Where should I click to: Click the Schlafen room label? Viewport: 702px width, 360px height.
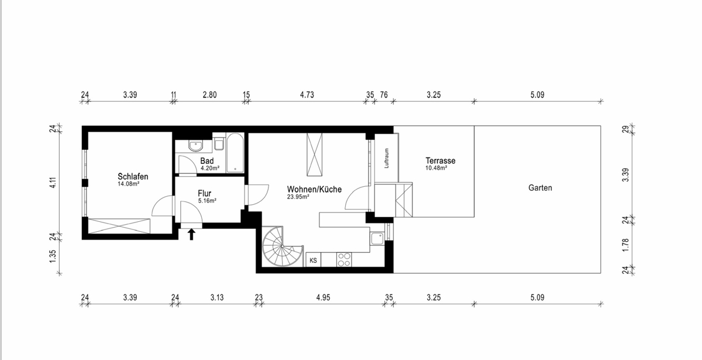(x=133, y=177)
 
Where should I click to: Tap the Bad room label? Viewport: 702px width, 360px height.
(x=207, y=161)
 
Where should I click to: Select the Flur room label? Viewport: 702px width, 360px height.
(x=204, y=193)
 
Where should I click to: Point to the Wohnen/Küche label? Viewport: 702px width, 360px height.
(x=314, y=190)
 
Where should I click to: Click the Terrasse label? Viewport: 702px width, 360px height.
(x=441, y=160)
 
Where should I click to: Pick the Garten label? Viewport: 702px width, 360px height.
(x=540, y=188)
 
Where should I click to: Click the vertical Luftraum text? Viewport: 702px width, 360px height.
(x=387, y=158)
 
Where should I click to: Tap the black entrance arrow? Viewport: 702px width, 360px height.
(x=191, y=234)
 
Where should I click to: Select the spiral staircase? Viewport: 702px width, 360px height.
(x=283, y=246)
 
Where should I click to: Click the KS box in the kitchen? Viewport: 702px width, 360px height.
(x=313, y=260)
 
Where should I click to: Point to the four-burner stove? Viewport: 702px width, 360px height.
(x=344, y=260)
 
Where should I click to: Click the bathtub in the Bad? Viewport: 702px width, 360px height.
(x=235, y=153)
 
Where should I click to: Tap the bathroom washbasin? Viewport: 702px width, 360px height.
(x=196, y=146)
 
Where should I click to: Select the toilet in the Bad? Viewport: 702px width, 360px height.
(x=219, y=144)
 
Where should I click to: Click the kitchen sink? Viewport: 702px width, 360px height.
(x=377, y=239)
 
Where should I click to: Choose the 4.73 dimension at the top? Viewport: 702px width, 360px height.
(x=307, y=95)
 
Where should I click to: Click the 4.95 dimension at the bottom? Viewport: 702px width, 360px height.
(x=323, y=297)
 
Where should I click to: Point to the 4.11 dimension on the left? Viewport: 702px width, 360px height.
(x=53, y=183)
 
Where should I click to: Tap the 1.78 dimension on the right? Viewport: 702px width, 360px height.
(x=625, y=245)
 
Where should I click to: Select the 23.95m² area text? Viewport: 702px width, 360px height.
(x=298, y=197)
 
